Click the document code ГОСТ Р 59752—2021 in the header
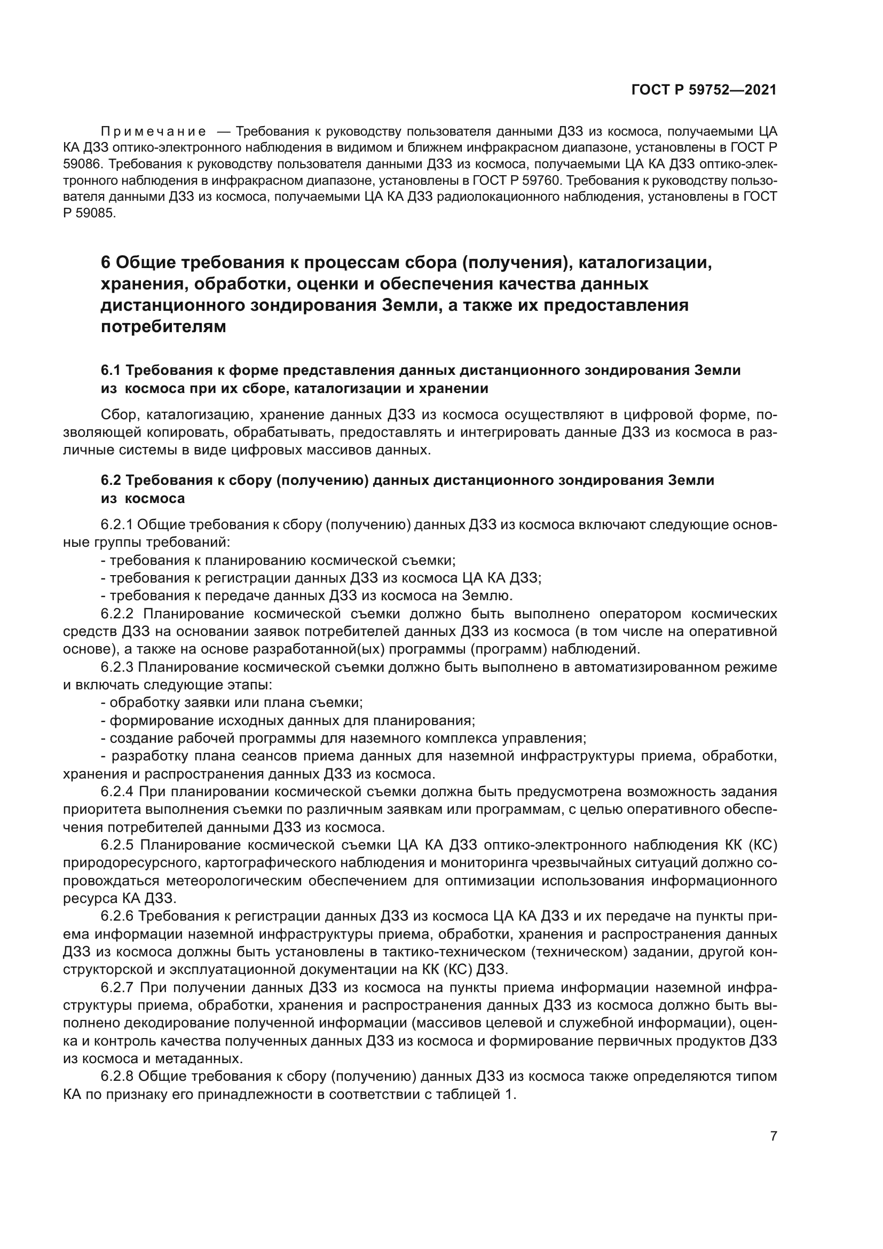(704, 90)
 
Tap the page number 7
(773, 1136)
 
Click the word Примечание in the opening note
(153, 132)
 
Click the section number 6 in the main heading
(106, 263)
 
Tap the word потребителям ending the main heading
(163, 327)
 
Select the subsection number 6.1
(111, 371)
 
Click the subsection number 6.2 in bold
(111, 481)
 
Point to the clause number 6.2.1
(116, 525)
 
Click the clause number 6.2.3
(116, 667)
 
